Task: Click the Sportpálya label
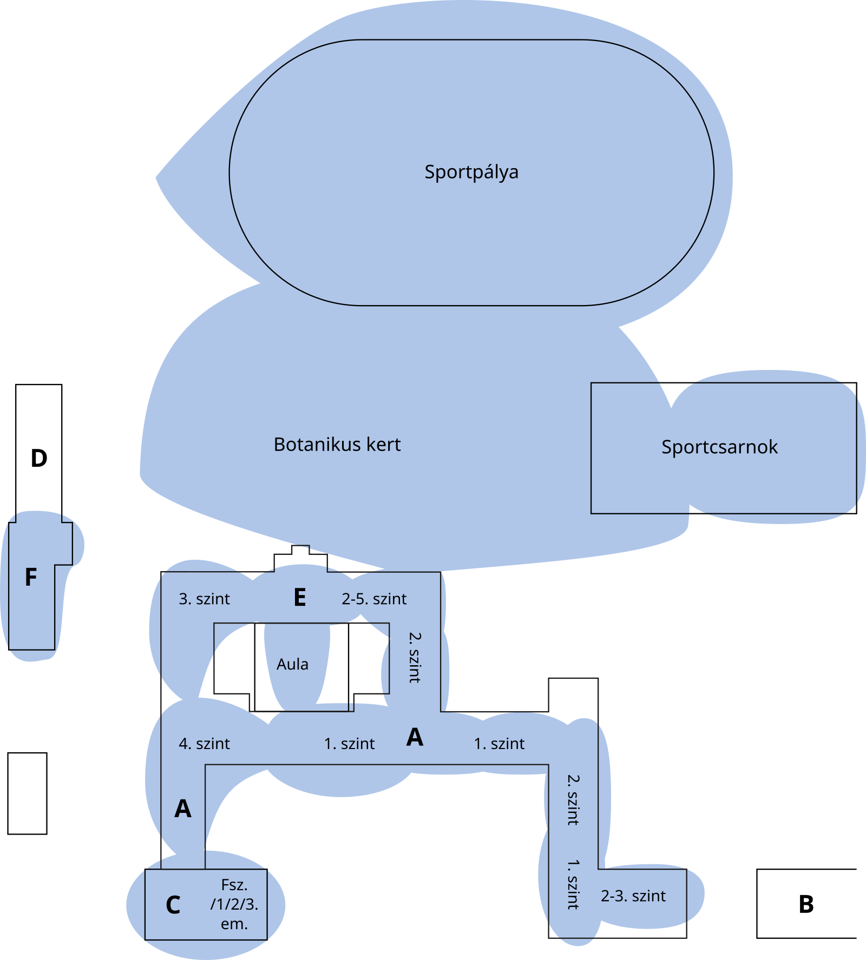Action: (471, 172)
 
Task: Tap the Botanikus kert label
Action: (337, 445)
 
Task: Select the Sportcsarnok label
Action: (719, 447)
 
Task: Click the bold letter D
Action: (39, 459)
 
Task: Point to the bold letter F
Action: (31, 578)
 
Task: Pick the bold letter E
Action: (300, 598)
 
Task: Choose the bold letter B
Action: (806, 904)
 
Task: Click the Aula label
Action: (292, 664)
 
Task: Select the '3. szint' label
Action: (204, 599)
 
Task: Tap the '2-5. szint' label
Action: (374, 599)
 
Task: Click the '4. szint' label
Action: (204, 744)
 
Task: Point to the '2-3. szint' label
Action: (633, 896)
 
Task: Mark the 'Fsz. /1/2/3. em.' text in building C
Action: (234, 904)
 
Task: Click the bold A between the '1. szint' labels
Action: (415, 737)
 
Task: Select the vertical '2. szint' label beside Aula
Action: (414, 658)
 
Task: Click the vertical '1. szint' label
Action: (573, 884)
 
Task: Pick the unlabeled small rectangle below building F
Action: (27, 793)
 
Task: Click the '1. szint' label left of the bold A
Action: (349, 744)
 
